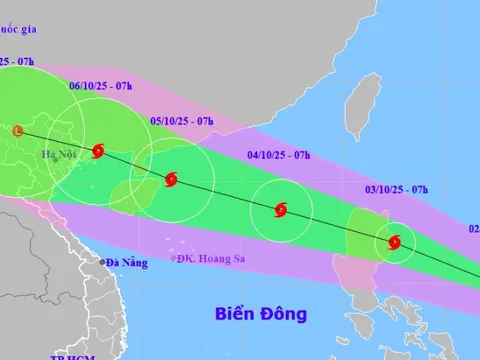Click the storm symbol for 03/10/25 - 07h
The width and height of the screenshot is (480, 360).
(x=395, y=241)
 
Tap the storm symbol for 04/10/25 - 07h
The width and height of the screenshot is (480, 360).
(x=281, y=210)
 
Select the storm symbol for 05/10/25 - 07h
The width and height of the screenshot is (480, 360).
(x=171, y=179)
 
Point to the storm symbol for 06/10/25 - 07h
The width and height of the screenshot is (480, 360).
(x=98, y=152)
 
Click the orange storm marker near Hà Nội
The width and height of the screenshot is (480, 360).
(x=17, y=130)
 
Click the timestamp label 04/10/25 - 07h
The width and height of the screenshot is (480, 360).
(x=279, y=155)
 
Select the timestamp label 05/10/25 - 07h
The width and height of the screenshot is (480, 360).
(x=182, y=121)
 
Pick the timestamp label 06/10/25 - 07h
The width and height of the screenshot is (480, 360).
(x=102, y=87)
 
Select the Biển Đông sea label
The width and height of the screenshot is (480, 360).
(x=261, y=314)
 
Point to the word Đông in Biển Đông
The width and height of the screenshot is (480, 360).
(x=283, y=314)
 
